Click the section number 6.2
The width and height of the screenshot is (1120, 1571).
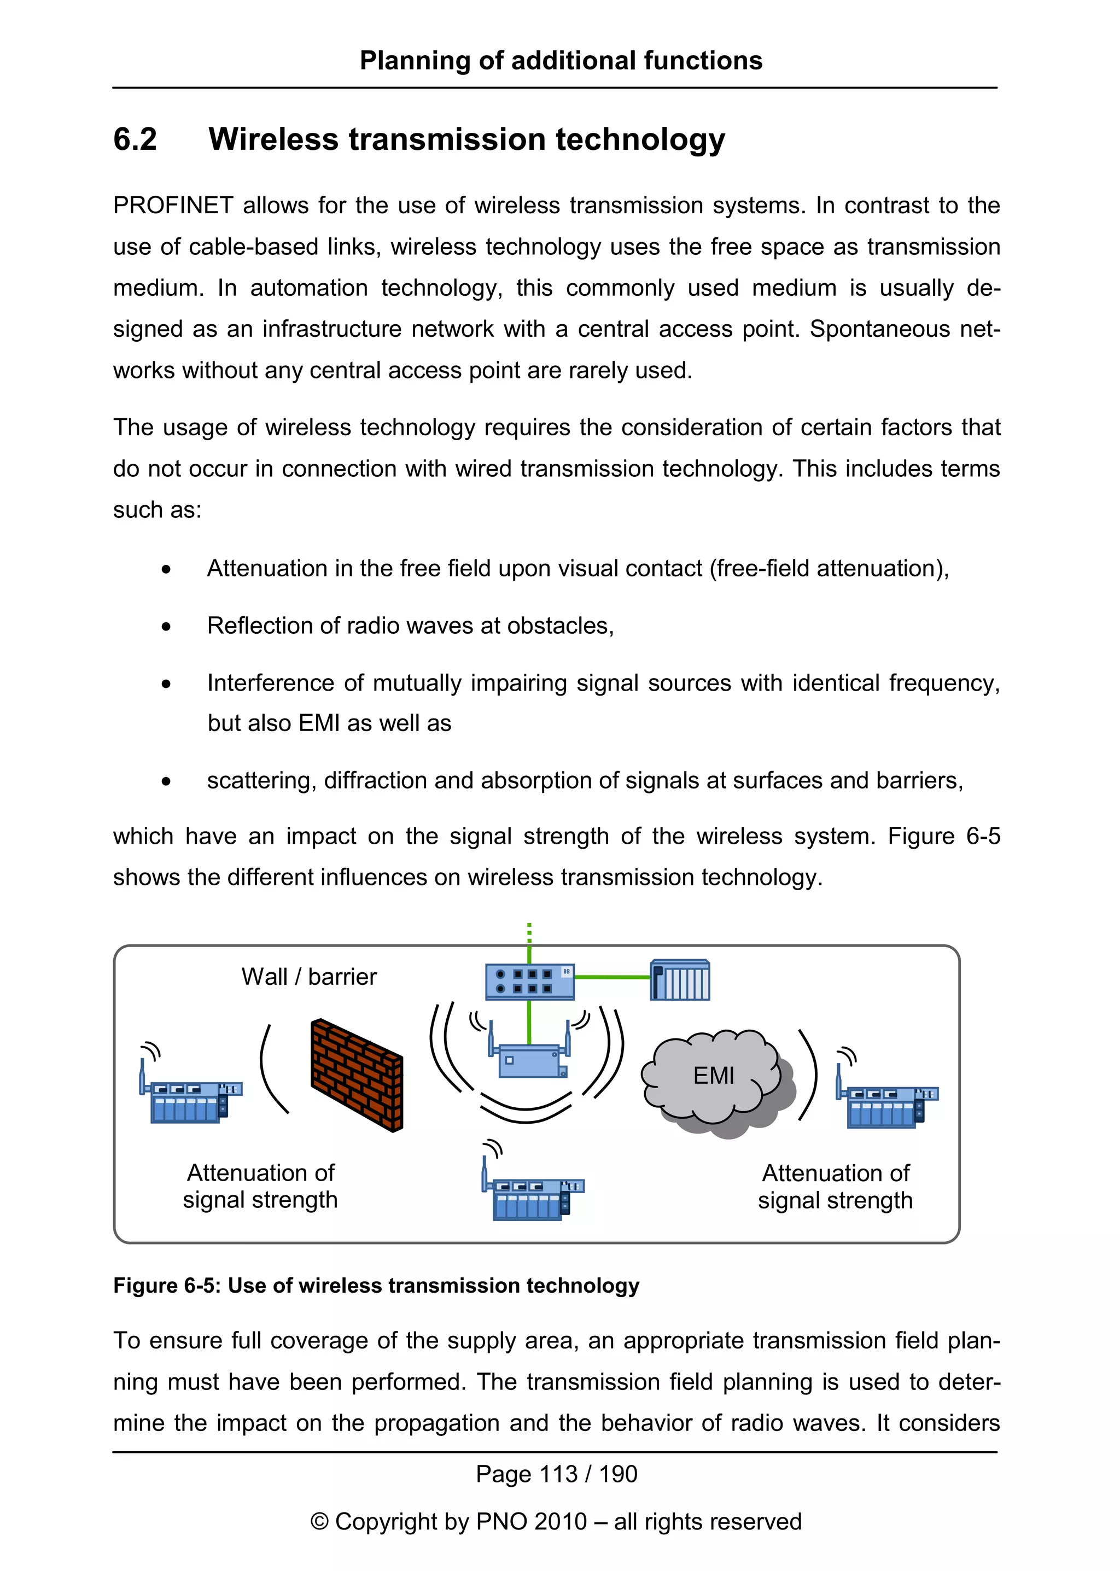point(135,140)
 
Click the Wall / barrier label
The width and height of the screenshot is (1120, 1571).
point(309,977)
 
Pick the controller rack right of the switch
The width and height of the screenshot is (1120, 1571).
point(680,980)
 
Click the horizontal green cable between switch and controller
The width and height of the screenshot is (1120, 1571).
point(612,977)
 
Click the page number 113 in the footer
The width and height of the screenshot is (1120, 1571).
point(558,1474)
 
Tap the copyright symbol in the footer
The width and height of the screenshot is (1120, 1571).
point(319,1522)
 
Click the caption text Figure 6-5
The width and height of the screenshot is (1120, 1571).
point(166,1286)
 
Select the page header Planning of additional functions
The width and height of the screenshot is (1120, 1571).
point(561,61)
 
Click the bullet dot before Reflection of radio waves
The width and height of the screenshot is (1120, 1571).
point(166,627)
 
